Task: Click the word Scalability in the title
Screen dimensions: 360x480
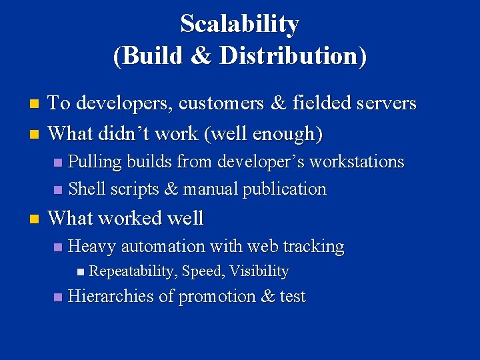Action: click(x=239, y=24)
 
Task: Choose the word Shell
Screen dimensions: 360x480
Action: click(x=87, y=189)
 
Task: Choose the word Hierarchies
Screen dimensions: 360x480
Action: click(x=111, y=296)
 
